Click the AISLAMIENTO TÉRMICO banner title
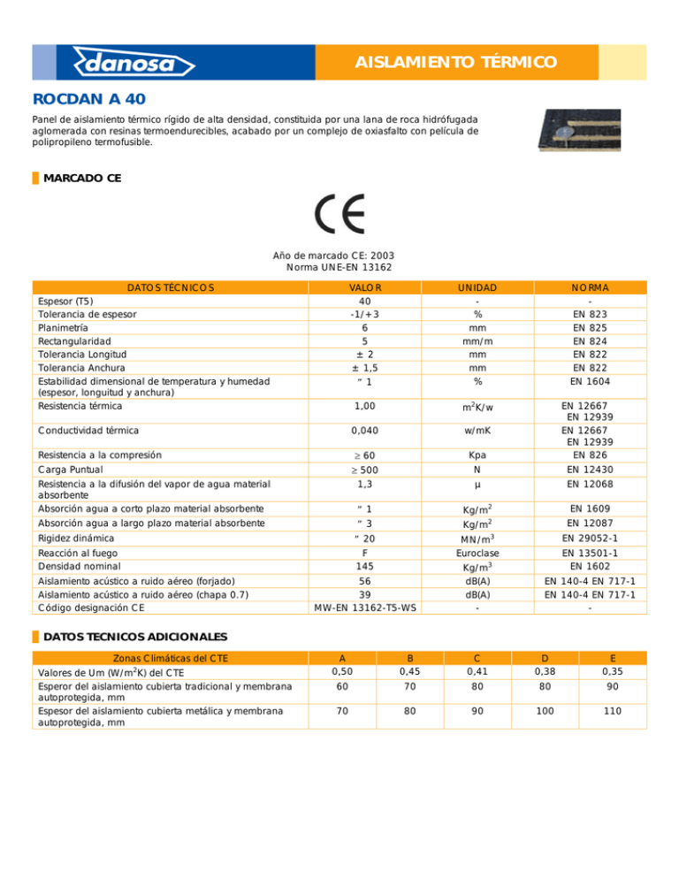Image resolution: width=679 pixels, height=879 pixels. (x=455, y=62)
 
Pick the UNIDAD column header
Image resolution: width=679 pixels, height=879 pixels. (x=477, y=287)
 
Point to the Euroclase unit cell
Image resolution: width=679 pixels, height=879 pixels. (x=477, y=551)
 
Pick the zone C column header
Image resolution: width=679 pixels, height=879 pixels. (x=477, y=657)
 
